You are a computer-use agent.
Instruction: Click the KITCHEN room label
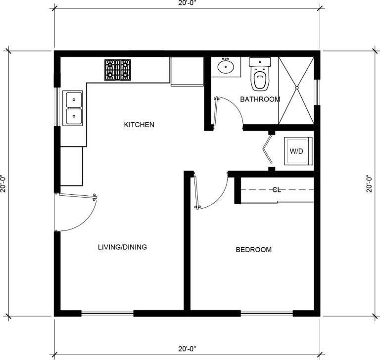click(x=139, y=125)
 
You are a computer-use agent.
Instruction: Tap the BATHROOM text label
click(x=260, y=99)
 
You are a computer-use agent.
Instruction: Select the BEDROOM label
click(x=253, y=250)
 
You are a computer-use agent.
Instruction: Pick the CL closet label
click(x=277, y=189)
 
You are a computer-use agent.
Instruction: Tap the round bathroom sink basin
click(x=227, y=67)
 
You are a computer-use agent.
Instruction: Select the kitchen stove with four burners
click(x=118, y=70)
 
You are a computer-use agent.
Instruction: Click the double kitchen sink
click(x=73, y=108)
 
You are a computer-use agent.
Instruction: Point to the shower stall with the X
click(x=296, y=89)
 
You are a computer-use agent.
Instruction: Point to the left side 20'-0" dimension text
click(x=4, y=184)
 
